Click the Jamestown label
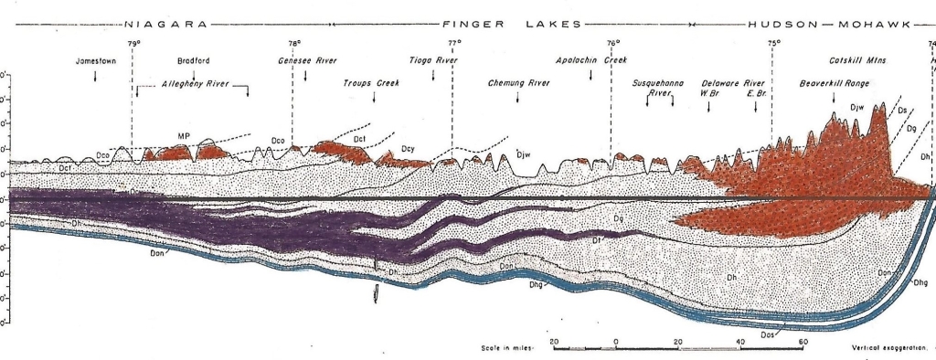coord(95,61)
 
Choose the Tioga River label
coord(432,61)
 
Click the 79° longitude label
coord(133,43)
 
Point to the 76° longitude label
coord(612,43)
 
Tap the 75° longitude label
coord(773,43)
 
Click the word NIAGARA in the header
coord(165,24)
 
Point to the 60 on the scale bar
coord(803,341)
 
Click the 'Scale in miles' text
coord(509,348)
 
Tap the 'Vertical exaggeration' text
coord(888,348)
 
